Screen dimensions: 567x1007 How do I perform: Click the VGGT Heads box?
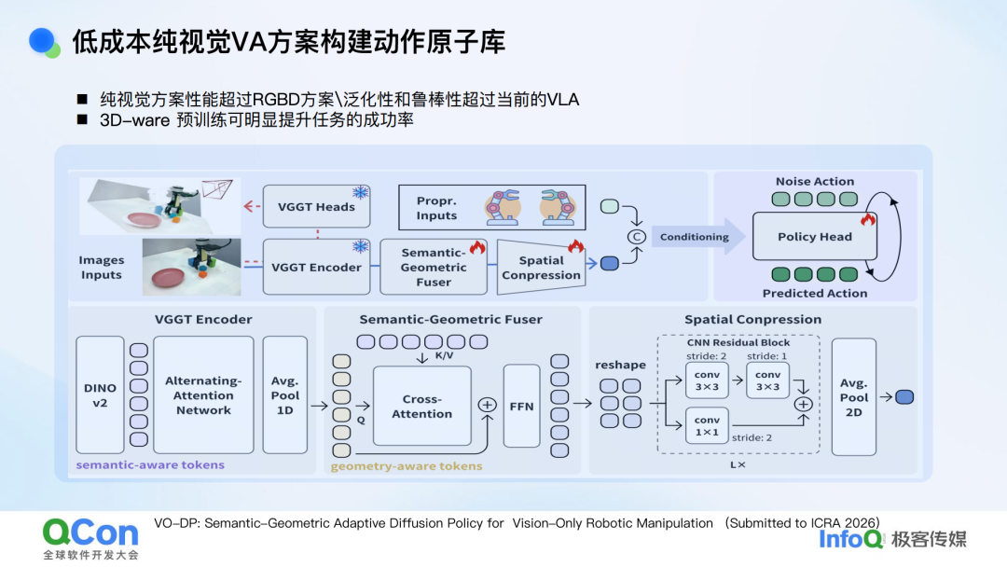coord(316,207)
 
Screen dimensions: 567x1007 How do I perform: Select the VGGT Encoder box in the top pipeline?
coord(316,267)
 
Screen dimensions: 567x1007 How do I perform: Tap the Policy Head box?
coord(815,237)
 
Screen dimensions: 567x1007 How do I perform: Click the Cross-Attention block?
coord(421,407)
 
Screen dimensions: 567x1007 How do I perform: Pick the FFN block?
coord(521,407)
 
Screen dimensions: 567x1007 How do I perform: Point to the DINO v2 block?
coord(100,395)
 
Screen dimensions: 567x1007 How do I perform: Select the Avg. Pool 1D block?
coord(284,395)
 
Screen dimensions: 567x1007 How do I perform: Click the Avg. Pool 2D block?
coord(853,397)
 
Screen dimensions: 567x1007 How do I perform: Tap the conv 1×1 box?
coord(707,426)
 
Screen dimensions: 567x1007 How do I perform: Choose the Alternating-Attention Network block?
coord(203,395)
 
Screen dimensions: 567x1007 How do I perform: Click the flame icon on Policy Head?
coord(867,220)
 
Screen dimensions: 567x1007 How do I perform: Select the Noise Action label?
coord(815,182)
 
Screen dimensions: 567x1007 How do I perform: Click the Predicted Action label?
coord(815,293)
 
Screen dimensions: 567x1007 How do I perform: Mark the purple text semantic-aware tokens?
coord(150,464)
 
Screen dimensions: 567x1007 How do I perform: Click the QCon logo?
coord(90,533)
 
